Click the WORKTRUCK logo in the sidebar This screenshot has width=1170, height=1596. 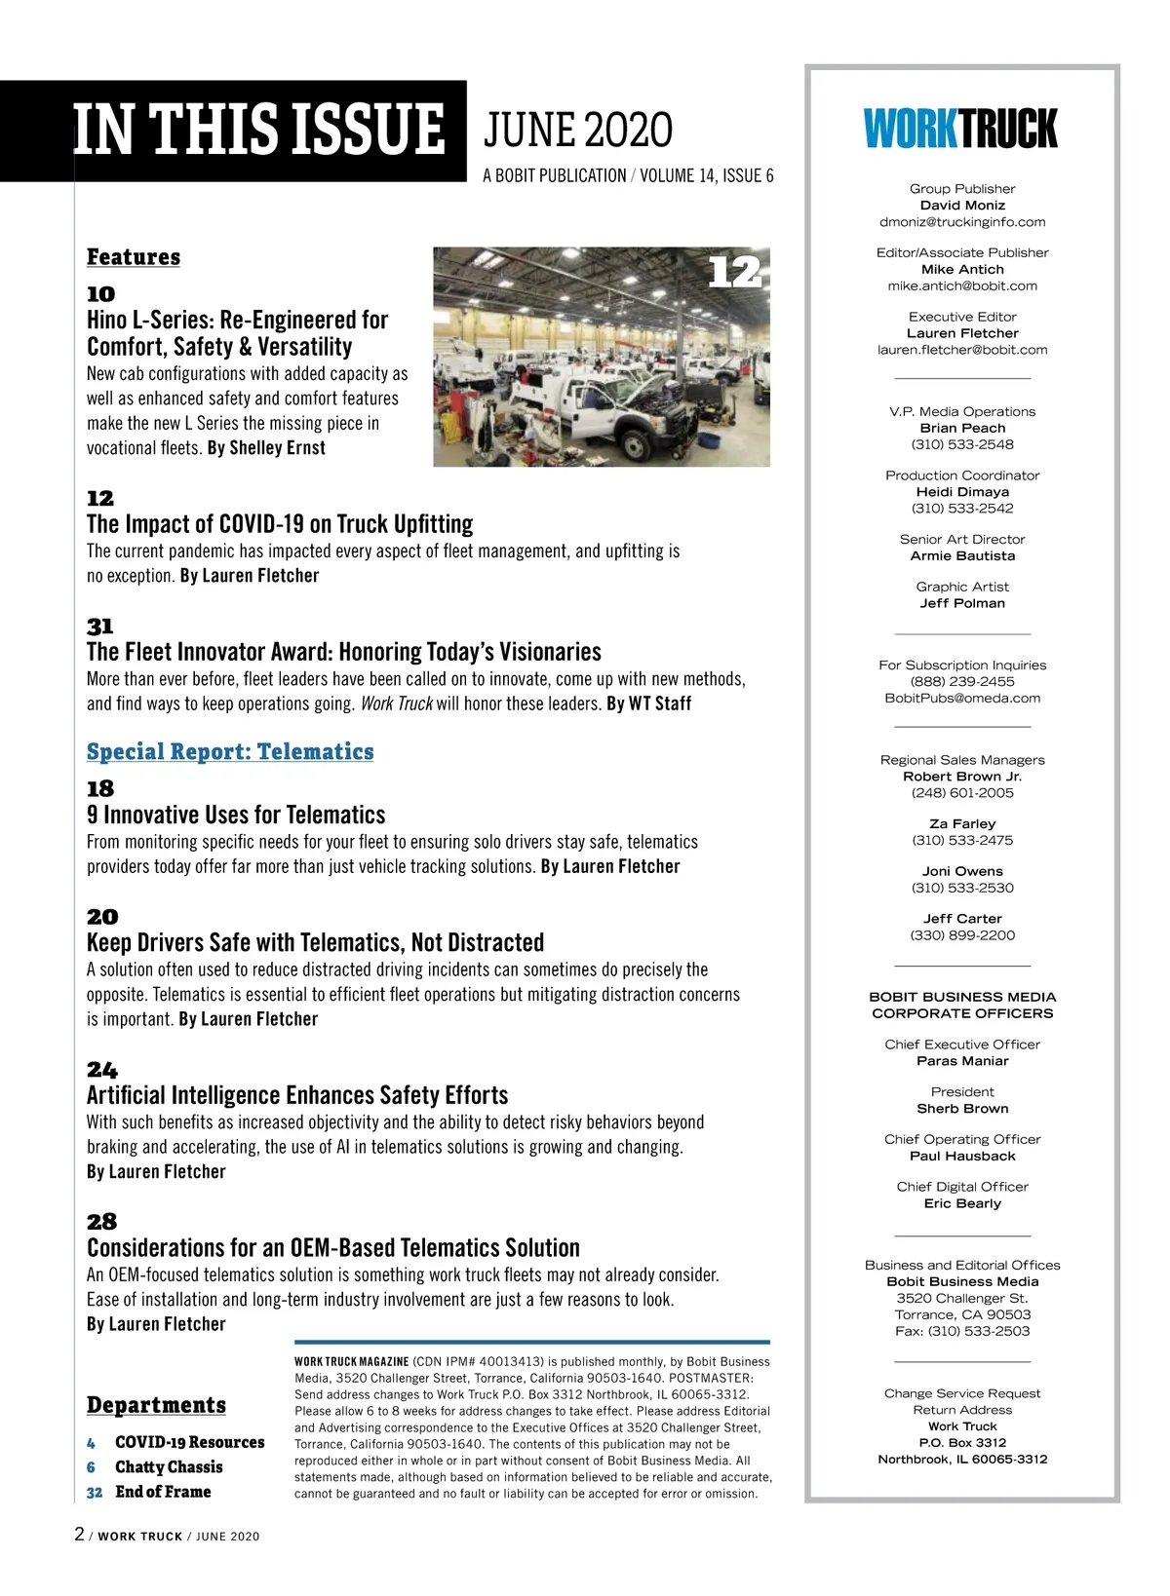[x=960, y=129]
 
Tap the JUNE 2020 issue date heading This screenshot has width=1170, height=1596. [x=578, y=131]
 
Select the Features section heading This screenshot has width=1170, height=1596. [x=134, y=257]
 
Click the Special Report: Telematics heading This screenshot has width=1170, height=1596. [x=230, y=751]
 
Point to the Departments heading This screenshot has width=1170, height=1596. [x=156, y=1405]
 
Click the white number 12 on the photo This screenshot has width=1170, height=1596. [x=734, y=272]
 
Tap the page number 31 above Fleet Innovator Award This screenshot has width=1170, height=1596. [x=100, y=627]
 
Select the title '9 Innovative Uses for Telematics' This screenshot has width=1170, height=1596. [x=236, y=815]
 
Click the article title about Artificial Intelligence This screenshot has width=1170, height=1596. [x=297, y=1095]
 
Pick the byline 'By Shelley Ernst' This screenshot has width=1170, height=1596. [x=266, y=448]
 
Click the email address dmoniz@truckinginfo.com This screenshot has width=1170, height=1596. [x=962, y=222]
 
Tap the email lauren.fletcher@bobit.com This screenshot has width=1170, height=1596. [x=962, y=350]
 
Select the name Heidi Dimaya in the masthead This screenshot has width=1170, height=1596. [x=962, y=492]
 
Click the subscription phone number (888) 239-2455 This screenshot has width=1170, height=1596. [x=962, y=682]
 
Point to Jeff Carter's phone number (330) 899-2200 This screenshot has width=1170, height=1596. [x=962, y=935]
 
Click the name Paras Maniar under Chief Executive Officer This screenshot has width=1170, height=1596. [x=962, y=1061]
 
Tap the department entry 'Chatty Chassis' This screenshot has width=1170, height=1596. [x=169, y=1467]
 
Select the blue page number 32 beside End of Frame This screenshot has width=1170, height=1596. [x=95, y=1492]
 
